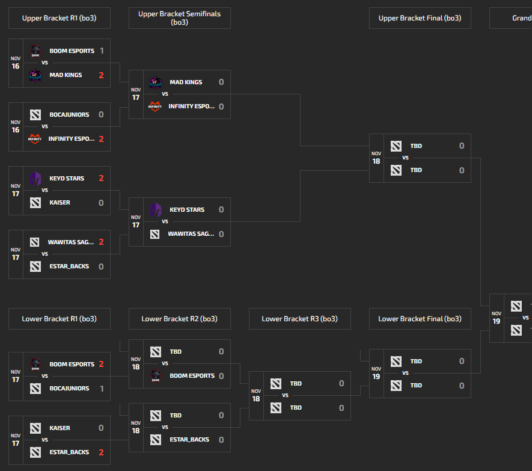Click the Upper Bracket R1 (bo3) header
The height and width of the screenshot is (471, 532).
click(59, 18)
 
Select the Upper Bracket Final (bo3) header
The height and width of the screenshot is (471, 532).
click(420, 18)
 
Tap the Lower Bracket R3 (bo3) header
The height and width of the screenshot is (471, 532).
click(299, 319)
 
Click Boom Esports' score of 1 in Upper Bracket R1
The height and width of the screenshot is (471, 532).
click(102, 51)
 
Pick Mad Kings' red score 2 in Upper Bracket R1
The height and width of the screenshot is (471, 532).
click(102, 75)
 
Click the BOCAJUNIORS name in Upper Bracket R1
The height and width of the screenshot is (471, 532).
click(69, 115)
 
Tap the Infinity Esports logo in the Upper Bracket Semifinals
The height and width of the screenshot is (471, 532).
click(155, 106)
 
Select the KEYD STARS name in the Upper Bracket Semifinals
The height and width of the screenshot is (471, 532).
click(187, 210)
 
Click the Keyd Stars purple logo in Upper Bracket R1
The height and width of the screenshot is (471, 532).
click(35, 179)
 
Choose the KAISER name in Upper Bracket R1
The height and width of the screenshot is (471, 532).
click(60, 203)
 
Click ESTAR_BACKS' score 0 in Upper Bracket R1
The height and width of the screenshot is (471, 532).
click(102, 266)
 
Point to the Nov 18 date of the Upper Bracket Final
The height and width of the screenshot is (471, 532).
click(376, 158)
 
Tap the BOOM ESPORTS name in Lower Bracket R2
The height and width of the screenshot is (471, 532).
click(192, 376)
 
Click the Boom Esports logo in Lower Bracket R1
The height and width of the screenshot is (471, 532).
click(35, 365)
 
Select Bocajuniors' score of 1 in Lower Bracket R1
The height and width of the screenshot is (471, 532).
click(102, 389)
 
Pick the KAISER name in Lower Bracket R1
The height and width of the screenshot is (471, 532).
click(60, 428)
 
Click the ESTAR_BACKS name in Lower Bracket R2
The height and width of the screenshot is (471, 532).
click(189, 440)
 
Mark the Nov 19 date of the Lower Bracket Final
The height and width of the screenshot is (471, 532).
click(376, 373)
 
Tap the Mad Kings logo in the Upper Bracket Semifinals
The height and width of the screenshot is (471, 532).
click(155, 82)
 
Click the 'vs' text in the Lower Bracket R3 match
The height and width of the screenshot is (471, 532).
click(285, 395)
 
